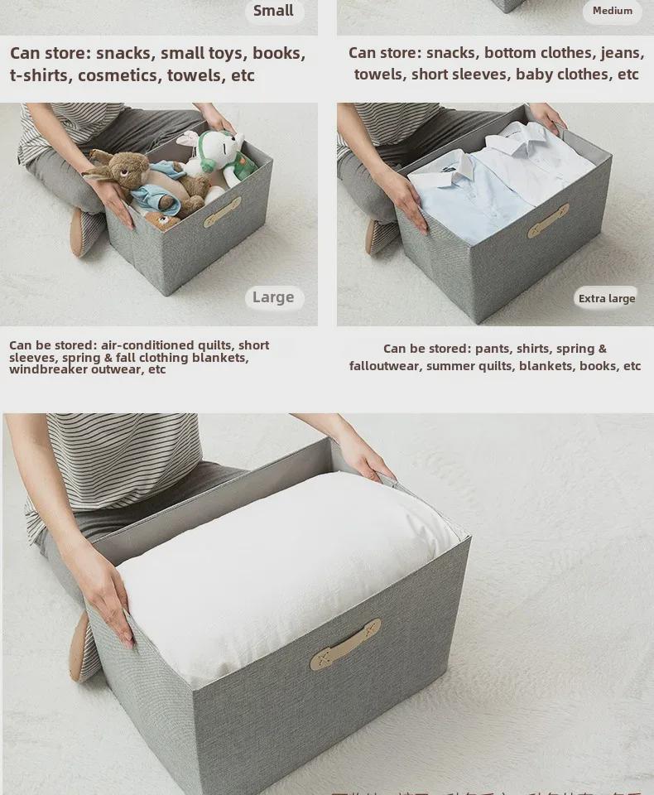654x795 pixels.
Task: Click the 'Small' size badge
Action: pos(273,11)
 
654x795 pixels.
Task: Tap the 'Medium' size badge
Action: pos(612,11)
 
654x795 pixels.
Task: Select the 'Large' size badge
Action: pos(273,297)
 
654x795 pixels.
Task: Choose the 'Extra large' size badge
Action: pos(606,299)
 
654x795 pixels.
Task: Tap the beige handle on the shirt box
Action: pos(548,221)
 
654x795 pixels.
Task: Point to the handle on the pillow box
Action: pos(345,645)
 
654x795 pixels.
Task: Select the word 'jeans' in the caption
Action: pos(621,53)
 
